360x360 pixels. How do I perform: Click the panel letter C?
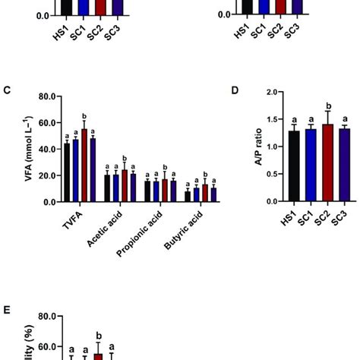click(6, 91)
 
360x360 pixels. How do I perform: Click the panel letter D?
click(235, 91)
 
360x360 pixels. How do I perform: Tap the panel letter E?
click(6, 311)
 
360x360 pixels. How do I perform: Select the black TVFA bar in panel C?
click(67, 172)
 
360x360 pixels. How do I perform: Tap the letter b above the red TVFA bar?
click(84, 115)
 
